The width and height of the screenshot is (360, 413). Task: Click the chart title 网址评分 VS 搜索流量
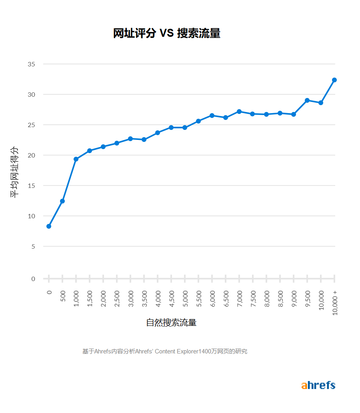[166, 34]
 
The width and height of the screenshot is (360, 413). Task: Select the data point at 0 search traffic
[49, 226]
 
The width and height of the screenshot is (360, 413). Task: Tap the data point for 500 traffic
[62, 201]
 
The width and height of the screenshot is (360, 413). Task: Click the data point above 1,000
[76, 159]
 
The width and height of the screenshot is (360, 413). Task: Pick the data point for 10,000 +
[334, 80]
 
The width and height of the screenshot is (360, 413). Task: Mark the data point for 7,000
[239, 112]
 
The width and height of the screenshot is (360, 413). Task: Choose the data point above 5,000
[185, 128]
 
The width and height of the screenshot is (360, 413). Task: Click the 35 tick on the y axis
[32, 64]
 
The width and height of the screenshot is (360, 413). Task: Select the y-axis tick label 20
[32, 155]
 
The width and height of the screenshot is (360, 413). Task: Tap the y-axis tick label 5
[33, 246]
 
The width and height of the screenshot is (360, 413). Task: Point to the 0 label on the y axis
[33, 279]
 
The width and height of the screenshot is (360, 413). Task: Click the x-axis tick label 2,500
[117, 299]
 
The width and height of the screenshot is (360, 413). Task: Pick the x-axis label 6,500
[226, 299]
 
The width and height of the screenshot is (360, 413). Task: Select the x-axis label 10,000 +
[335, 303]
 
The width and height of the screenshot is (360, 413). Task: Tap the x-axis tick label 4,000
[158, 299]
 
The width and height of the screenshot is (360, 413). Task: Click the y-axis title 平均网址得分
[14, 172]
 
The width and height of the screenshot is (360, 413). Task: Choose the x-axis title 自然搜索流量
[171, 323]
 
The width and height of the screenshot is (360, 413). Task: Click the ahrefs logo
[318, 385]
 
